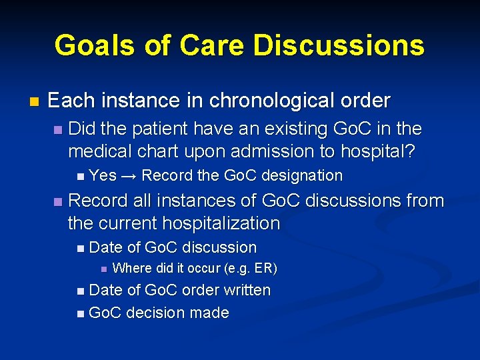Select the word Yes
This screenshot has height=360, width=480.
click(103, 176)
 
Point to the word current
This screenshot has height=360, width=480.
click(124, 223)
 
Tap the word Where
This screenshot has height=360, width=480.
click(133, 269)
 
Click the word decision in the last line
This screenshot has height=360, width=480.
click(153, 313)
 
